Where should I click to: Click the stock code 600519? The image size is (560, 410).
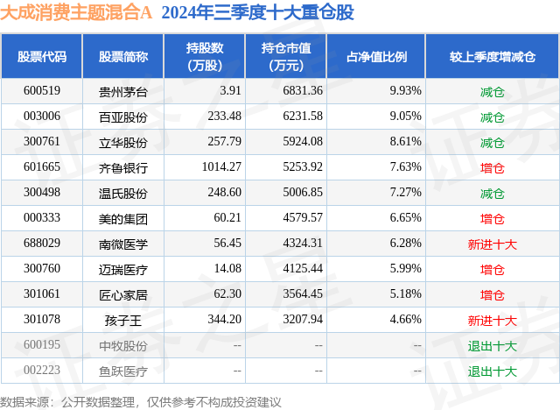(42, 91)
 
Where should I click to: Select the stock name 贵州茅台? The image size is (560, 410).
(123, 91)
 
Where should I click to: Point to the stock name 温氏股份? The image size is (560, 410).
(123, 193)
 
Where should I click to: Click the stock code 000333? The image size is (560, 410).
(42, 218)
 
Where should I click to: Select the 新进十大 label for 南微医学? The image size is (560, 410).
(493, 244)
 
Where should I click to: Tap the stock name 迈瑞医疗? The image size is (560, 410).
(123, 269)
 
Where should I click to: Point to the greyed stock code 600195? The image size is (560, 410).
(42, 345)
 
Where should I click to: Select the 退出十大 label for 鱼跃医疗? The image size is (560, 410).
(493, 371)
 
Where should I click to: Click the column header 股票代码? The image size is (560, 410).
(42, 57)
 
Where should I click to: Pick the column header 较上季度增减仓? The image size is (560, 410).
(493, 57)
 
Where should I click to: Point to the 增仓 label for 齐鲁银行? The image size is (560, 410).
(493, 167)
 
